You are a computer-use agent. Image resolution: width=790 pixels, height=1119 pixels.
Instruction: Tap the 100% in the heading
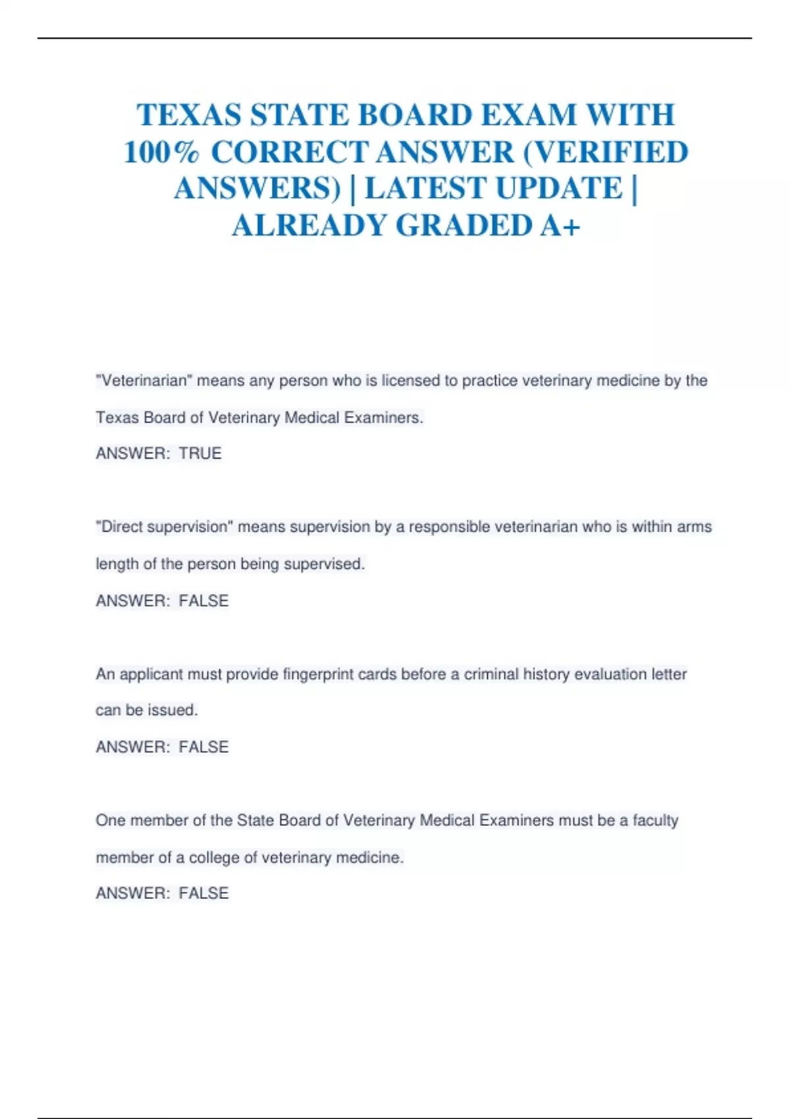pos(161,153)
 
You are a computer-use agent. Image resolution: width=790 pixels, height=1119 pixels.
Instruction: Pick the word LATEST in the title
pos(425,189)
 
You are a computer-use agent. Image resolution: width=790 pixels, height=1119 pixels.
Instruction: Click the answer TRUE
pos(200,454)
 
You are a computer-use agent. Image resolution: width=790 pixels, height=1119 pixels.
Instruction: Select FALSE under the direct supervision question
pos(203,601)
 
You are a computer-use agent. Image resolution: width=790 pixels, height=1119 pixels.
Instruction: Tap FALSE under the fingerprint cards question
pos(203,747)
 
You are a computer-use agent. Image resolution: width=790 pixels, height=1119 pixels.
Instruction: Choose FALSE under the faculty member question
pos(203,893)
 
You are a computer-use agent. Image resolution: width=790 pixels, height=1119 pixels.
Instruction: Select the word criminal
pos(491,674)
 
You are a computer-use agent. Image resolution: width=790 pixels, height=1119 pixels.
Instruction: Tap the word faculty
pos(655,820)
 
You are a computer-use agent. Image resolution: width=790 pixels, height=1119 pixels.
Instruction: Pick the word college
pos(214,858)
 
